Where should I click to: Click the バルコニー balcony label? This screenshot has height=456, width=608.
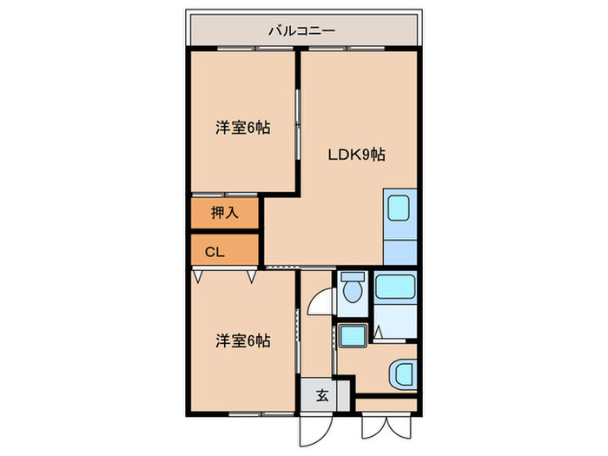[x=301, y=30]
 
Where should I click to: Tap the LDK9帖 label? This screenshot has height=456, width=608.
[x=356, y=155]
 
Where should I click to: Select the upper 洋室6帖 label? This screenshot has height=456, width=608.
[x=242, y=128]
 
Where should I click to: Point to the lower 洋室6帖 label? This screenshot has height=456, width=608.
[x=242, y=341]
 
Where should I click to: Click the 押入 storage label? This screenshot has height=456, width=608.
[x=224, y=213]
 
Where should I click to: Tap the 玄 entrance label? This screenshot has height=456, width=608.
[x=322, y=396]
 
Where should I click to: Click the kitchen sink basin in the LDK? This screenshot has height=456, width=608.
[x=400, y=209]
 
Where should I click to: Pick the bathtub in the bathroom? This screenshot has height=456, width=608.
[x=395, y=288]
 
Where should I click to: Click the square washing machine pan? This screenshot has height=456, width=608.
[x=353, y=335]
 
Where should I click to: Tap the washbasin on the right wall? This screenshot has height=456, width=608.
[x=404, y=374]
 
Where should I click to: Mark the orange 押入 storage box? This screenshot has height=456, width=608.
[x=225, y=213]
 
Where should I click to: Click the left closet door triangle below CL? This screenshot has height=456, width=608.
[x=198, y=277]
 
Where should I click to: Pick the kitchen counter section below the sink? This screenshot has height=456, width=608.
[x=400, y=247]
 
